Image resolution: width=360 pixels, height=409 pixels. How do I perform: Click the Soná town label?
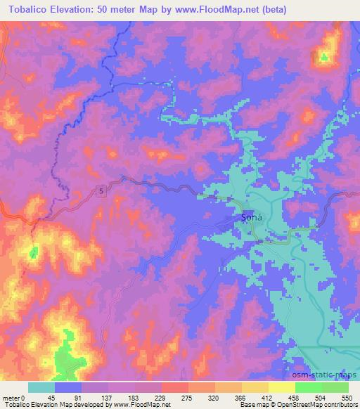coord(251,217)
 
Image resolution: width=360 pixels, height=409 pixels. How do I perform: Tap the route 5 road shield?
coord(102,190)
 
